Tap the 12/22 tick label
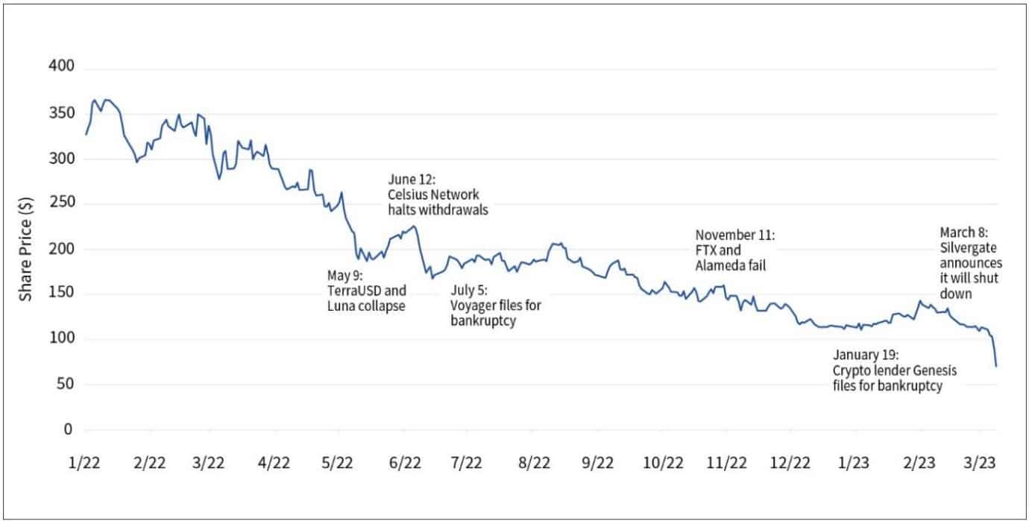[x=791, y=463]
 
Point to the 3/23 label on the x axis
[x=984, y=463]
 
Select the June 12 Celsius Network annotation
[x=438, y=195]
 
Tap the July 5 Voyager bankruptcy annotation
[x=496, y=305]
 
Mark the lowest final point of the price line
[x=996, y=366]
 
